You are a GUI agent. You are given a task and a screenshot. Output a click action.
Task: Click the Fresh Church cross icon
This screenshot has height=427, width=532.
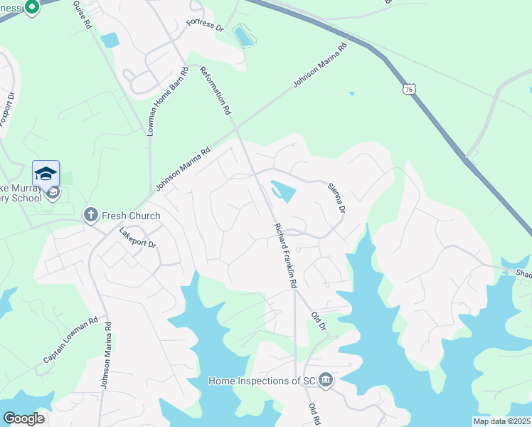click(x=90, y=214)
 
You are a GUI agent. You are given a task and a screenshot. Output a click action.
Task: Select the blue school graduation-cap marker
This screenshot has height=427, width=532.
click(x=46, y=174)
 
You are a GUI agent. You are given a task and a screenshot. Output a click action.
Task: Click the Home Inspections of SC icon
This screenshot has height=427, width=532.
click(x=326, y=380)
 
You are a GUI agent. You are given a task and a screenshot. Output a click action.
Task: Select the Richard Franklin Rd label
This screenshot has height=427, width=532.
click(x=285, y=255)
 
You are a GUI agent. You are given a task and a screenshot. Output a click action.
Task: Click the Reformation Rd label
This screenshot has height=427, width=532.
click(x=216, y=90)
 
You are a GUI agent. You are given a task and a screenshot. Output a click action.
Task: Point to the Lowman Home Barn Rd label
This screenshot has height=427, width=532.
click(x=167, y=102)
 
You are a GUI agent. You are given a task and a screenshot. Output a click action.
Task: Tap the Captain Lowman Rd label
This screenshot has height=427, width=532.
click(x=70, y=341)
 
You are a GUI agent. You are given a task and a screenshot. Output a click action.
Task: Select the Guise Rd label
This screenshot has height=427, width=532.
click(x=83, y=14)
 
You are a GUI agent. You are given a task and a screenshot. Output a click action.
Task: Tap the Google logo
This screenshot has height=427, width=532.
click(x=23, y=418)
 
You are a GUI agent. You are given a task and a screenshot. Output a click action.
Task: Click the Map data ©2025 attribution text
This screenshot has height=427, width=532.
click(x=501, y=421)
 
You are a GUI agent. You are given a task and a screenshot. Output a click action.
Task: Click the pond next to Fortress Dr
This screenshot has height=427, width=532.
click(x=243, y=36)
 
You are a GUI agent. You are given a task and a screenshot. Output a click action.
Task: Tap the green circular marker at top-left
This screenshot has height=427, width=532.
click(x=31, y=7)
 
